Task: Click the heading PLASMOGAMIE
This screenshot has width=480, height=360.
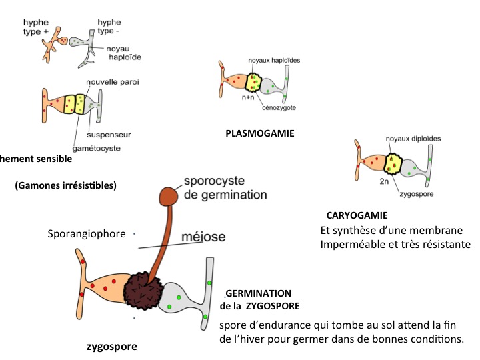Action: pyautogui.click(x=260, y=133)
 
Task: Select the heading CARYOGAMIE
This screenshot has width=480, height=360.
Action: pyautogui.click(x=357, y=216)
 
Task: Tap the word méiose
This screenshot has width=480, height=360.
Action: pyautogui.click(x=205, y=237)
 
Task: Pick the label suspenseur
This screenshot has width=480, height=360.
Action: pyautogui.click(x=109, y=135)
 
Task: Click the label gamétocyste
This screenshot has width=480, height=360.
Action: pyautogui.click(x=97, y=148)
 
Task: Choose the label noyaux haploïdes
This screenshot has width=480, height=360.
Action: pyautogui.click(x=274, y=60)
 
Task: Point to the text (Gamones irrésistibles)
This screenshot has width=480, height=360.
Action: pyautogui.click(x=65, y=185)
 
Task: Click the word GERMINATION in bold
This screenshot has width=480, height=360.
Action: pyautogui.click(x=259, y=293)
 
